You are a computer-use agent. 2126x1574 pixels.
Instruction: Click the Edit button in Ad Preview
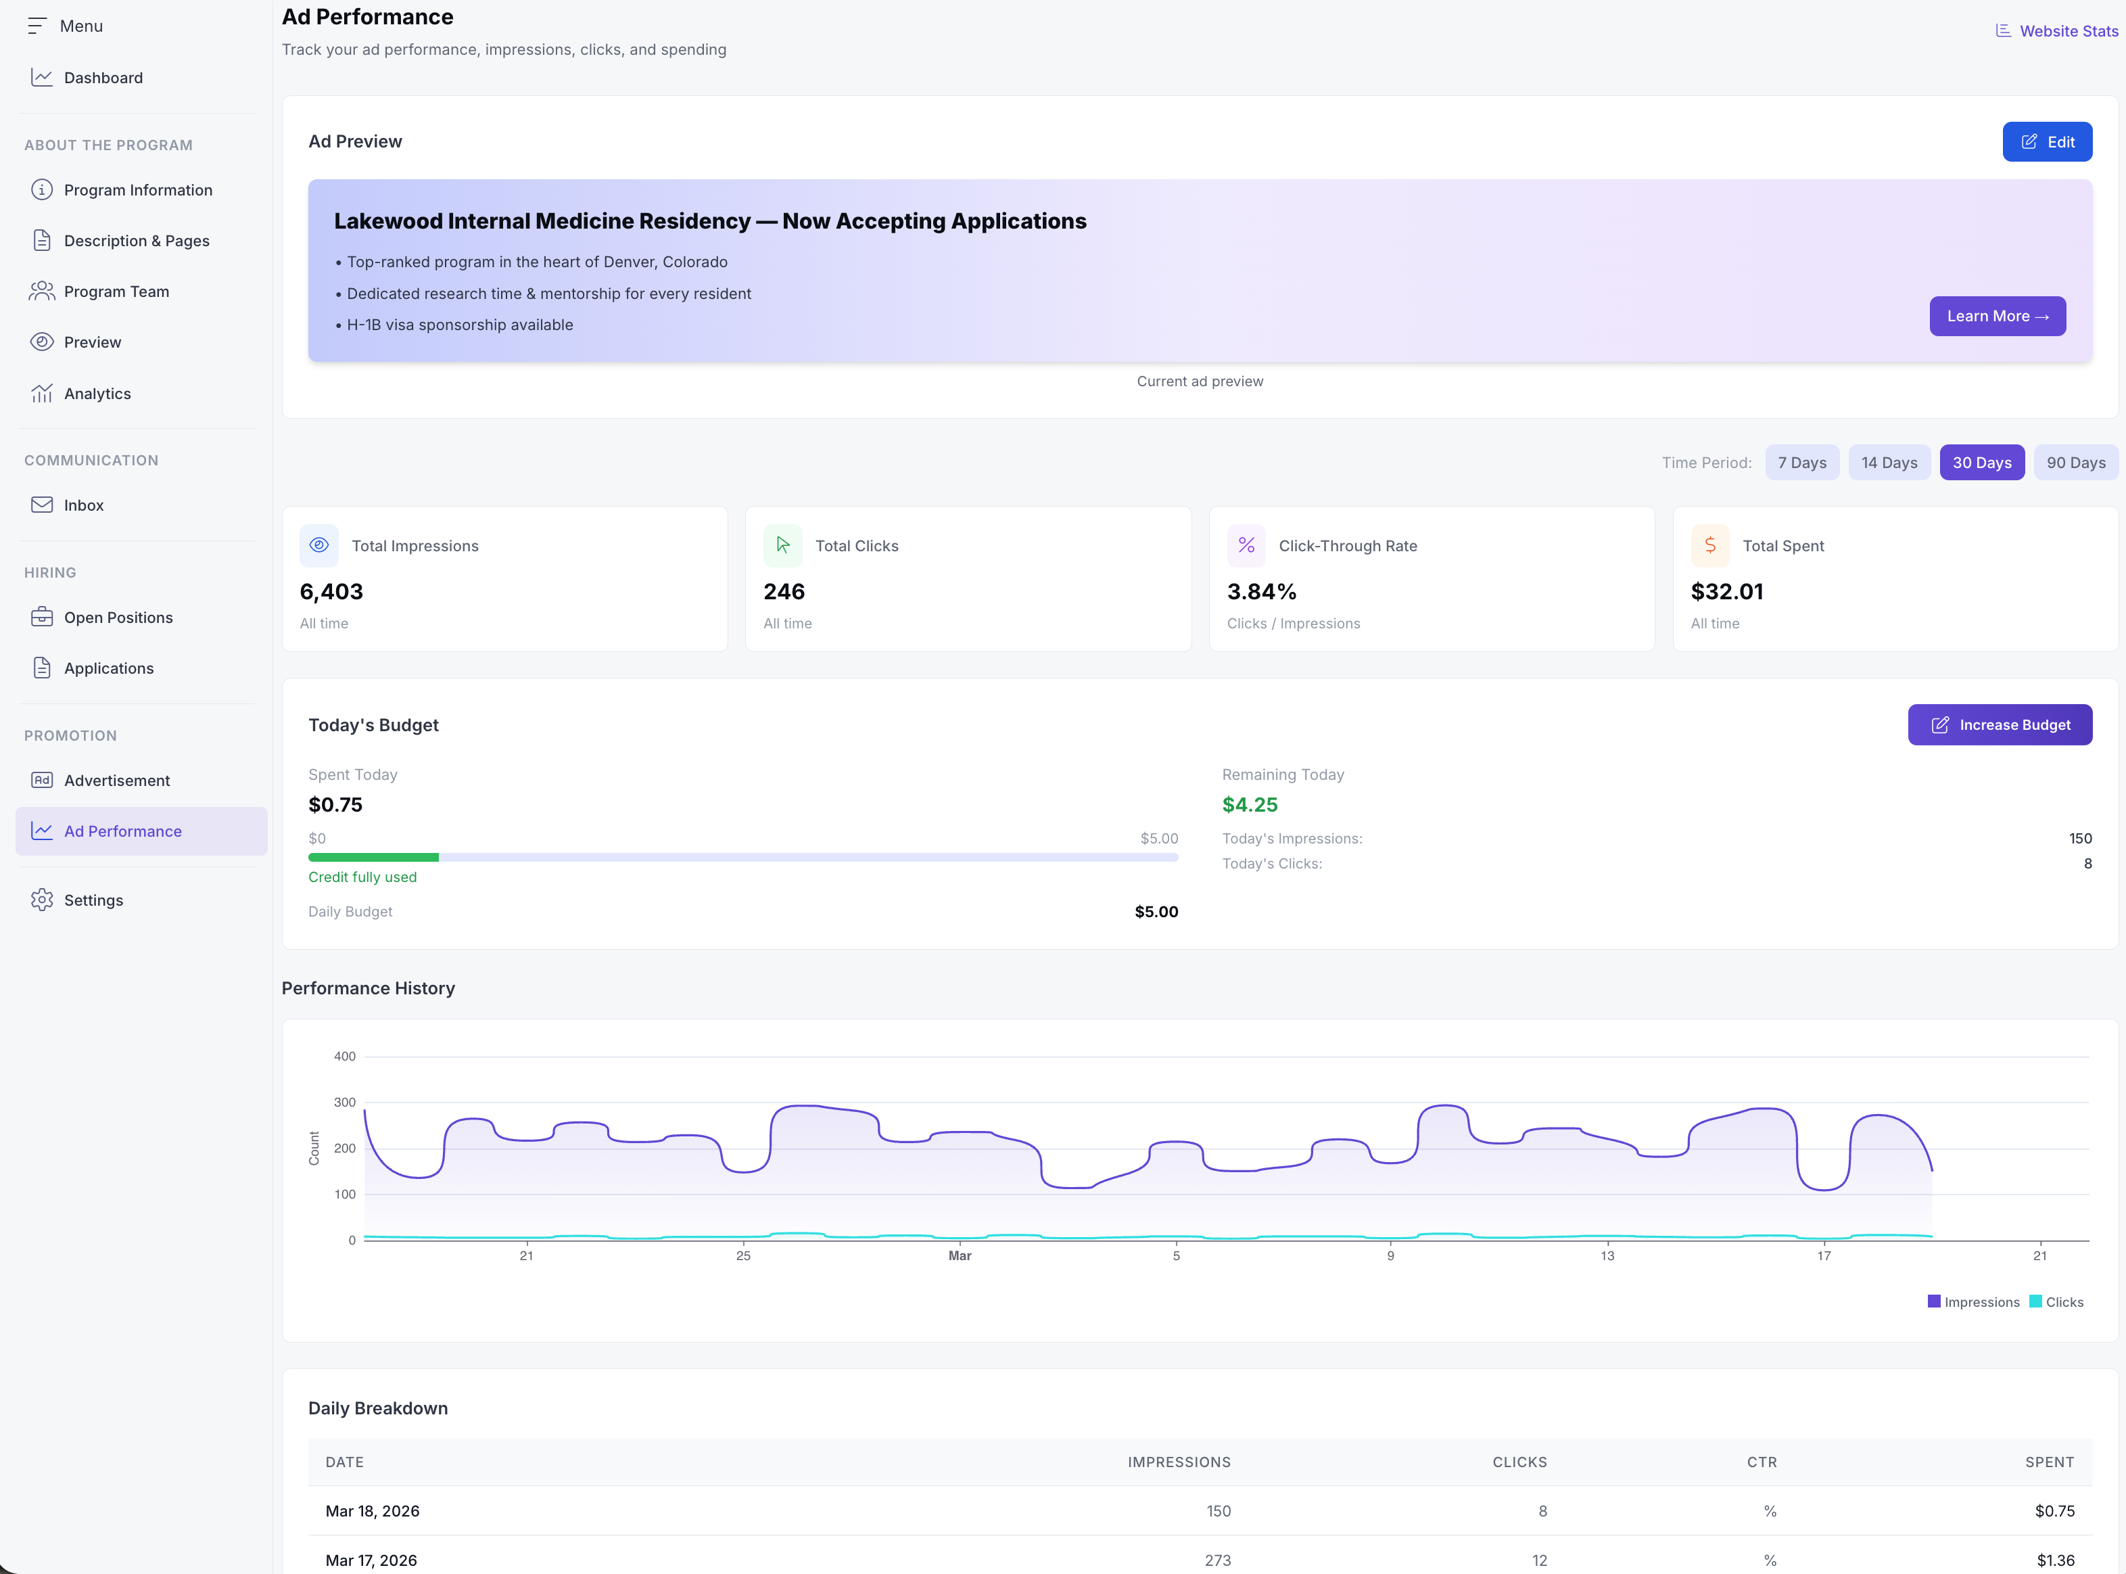2046,142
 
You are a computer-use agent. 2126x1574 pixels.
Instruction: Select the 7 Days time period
1801,463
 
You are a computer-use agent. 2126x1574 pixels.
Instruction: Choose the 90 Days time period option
2075,463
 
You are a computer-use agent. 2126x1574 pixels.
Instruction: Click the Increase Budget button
2000,725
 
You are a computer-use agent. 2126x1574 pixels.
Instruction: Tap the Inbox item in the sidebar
84,505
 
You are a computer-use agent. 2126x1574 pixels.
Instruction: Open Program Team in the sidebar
116,292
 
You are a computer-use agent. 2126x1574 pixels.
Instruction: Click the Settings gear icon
42,900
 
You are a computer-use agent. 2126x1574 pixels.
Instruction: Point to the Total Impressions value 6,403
331,592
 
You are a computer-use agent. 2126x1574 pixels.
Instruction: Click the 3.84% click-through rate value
1261,592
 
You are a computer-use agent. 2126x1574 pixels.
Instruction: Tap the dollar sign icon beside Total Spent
1709,545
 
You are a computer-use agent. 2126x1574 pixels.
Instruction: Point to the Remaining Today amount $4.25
1250,805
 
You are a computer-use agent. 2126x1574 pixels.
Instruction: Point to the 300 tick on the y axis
345,1103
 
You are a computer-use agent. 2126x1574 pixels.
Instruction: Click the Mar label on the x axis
959,1256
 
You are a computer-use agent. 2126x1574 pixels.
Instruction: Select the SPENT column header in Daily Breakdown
2049,1462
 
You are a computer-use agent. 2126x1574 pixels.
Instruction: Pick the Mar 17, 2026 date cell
371,1560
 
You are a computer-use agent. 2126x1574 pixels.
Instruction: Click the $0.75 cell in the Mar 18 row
2054,1511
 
